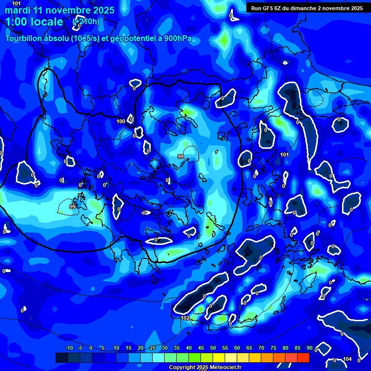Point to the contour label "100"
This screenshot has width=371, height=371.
[121, 121]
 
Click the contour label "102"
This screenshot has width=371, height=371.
[185, 318]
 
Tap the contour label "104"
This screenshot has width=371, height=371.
[347, 359]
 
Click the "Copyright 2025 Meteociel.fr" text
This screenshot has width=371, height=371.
[205, 368]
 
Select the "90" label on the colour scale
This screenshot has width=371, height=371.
[309, 348]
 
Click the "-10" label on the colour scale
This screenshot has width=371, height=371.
[69, 348]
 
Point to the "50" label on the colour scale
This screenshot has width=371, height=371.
[213, 348]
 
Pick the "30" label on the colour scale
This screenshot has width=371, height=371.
[165, 348]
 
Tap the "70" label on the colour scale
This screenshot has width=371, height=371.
[261, 348]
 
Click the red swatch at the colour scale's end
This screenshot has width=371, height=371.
[303, 357]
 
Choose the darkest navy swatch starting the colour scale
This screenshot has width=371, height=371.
[61, 357]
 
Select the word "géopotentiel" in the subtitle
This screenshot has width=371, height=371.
[127, 39]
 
